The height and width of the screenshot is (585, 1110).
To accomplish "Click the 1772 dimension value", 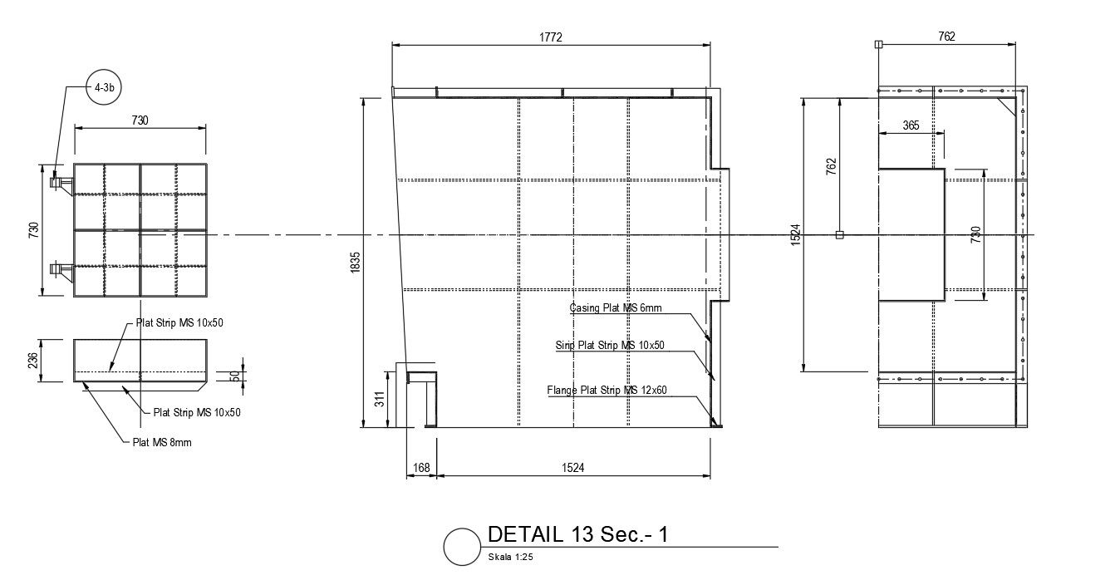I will pos(550,37).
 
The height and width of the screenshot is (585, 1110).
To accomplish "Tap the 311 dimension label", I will pos(380,400).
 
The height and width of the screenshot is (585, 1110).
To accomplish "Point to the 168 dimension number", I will pos(421,468).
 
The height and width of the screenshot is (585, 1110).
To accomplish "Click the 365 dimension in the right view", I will pos(911,125).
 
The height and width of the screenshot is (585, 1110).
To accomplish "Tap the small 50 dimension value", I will pos(235,376).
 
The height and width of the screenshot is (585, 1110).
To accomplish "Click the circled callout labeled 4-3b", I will pos(104,87).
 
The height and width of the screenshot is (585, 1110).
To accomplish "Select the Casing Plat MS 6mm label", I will pos(615,308).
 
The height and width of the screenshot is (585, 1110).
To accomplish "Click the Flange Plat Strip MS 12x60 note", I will pos(607,390).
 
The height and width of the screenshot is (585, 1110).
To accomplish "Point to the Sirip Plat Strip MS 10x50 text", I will pos(610,345).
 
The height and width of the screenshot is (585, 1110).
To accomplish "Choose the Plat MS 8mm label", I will pos(162,442).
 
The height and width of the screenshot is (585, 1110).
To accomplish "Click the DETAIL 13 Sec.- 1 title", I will pos(577,534).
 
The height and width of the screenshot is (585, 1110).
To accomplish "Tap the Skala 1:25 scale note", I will pos(510,558).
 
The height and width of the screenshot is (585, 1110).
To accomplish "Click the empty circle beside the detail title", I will pos(462,547).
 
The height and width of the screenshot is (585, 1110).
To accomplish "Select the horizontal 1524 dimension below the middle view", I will pos(573,468).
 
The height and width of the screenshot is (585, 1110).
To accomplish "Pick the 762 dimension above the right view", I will pos(946,37).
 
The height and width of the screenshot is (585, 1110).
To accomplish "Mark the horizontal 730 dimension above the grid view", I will pos(140,120).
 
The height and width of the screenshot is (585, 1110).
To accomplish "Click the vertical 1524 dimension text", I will pos(795,235).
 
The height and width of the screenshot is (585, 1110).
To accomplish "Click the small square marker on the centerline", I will pos(839,235).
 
